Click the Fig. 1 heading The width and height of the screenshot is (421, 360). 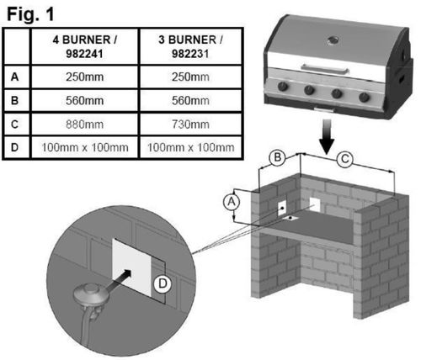tap(30, 14)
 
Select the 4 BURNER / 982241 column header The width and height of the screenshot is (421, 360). tap(84, 46)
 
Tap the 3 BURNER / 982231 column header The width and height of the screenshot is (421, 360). tap(190, 46)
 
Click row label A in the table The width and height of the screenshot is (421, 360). tap(14, 77)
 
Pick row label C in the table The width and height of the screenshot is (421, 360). tap(14, 124)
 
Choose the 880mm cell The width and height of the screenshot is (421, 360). tap(84, 124)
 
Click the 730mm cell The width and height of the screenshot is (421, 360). tap(190, 124)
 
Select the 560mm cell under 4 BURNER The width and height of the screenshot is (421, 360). tap(84, 100)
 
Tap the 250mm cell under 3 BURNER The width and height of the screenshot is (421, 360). tap(190, 77)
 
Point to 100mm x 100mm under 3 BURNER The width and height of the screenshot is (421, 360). tap(190, 147)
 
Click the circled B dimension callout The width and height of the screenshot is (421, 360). tap(277, 157)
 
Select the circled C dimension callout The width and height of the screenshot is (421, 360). tap(344, 160)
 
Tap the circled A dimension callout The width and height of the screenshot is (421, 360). tap(232, 202)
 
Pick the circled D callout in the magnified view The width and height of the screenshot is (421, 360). tap(163, 283)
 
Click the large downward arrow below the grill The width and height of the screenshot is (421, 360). tap(327, 137)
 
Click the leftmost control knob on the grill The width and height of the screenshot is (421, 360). tap(283, 86)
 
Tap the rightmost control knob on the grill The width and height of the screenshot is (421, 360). tap(364, 98)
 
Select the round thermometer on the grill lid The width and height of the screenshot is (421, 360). tap(333, 40)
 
